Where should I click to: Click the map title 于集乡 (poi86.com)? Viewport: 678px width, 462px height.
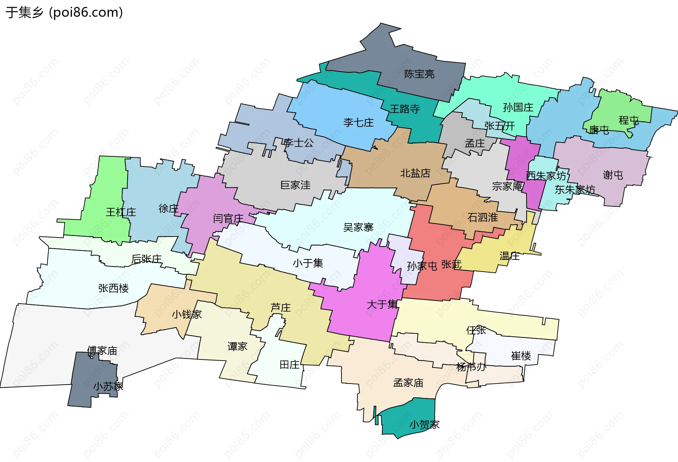pyautogui.click(x=64, y=12)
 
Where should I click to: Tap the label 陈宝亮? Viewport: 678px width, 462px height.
pyautogui.click(x=419, y=74)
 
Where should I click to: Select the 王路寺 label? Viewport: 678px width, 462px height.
pyautogui.click(x=405, y=109)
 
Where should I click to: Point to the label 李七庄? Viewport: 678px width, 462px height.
pyautogui.click(x=358, y=123)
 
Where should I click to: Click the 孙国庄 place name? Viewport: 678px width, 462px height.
pyautogui.click(x=518, y=107)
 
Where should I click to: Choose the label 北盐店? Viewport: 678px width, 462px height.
pyautogui.click(x=415, y=173)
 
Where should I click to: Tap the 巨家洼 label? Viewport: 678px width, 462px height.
pyautogui.click(x=295, y=185)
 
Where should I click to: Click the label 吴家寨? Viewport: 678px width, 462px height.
pyautogui.click(x=358, y=227)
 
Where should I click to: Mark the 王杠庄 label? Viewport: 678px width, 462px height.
pyautogui.click(x=121, y=212)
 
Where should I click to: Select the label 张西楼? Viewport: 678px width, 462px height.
pyautogui.click(x=113, y=288)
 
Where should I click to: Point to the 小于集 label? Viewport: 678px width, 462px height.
pyautogui.click(x=308, y=263)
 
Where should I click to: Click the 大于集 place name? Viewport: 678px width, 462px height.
pyautogui.click(x=382, y=304)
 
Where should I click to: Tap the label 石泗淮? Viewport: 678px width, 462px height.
pyautogui.click(x=482, y=217)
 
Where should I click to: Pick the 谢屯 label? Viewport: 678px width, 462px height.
pyautogui.click(x=613, y=175)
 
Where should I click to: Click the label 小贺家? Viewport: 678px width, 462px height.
pyautogui.click(x=424, y=425)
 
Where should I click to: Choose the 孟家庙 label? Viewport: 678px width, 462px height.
pyautogui.click(x=408, y=383)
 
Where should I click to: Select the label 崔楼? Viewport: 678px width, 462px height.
pyautogui.click(x=521, y=356)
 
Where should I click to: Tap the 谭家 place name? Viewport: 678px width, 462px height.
pyautogui.click(x=237, y=346)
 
